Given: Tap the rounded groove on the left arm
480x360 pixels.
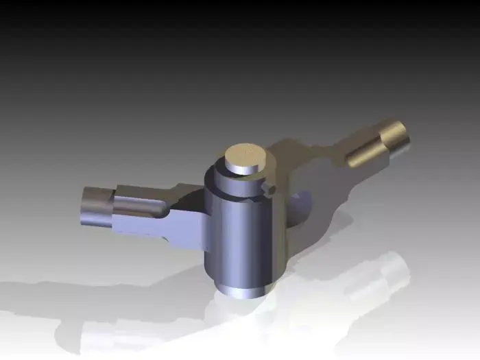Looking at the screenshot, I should pyautogui.click(x=141, y=206).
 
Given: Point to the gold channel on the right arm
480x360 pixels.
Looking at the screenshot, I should pyautogui.click(x=363, y=154).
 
